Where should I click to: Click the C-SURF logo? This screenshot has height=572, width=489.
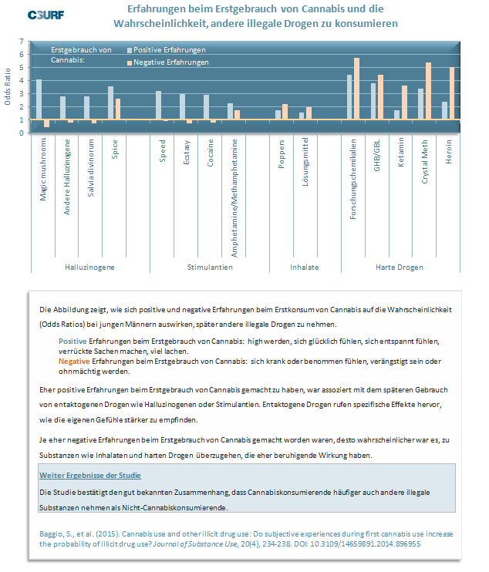point(46,15)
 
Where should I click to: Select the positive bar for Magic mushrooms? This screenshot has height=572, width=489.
point(39,99)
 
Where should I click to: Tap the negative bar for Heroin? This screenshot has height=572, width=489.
point(452,93)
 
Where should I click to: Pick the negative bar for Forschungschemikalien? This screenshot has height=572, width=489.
point(356,89)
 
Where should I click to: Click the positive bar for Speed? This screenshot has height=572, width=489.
point(158,105)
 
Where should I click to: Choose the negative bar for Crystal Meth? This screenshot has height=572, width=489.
point(428,91)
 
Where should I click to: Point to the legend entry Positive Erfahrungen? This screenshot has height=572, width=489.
point(167,50)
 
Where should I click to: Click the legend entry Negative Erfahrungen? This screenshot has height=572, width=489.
point(168,62)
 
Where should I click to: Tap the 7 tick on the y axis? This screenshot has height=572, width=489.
point(22,41)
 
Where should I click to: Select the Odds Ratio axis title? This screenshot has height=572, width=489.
point(7,87)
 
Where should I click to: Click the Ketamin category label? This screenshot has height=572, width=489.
point(401,152)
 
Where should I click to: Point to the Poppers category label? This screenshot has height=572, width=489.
point(281,154)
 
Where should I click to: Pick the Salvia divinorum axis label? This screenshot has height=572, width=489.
point(90,168)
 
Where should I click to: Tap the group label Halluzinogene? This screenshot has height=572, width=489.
point(89,267)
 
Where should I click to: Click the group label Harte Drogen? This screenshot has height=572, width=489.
point(400,267)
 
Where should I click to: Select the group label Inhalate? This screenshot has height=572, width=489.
point(305,267)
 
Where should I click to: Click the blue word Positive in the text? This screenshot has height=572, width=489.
point(73,341)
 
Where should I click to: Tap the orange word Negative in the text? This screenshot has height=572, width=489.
point(74,361)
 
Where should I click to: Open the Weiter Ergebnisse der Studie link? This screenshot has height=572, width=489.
point(90,476)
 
